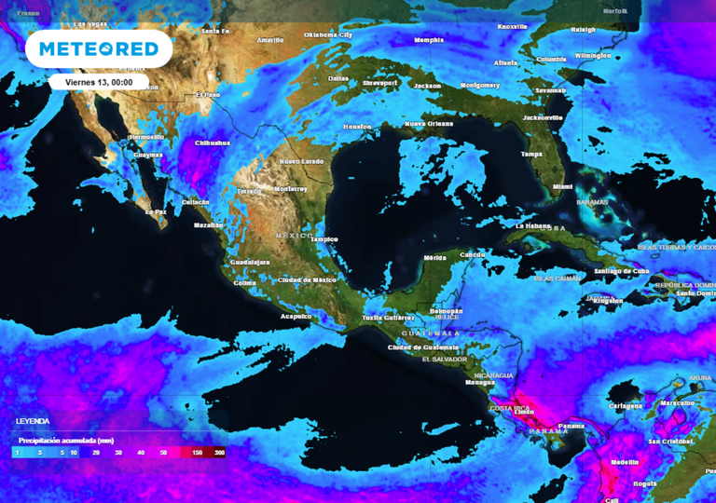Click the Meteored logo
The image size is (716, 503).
point(98,48)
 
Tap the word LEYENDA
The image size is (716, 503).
point(33,422)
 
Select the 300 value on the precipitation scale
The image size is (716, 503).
point(219,452)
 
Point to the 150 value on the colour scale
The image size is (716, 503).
point(198,452)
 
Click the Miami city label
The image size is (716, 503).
point(563,186)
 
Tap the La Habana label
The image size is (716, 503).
point(534,225)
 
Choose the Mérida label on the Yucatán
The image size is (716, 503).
point(434,257)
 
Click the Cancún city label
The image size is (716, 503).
point(473,254)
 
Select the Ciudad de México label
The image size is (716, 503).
point(307,279)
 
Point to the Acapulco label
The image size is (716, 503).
point(296,316)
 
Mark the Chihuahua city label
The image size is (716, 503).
point(213,143)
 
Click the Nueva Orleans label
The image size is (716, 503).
point(428,123)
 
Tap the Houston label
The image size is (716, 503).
point(357,126)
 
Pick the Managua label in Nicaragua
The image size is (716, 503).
point(480,382)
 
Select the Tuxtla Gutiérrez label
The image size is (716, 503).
point(389,318)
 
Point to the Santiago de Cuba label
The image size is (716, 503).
point(614,271)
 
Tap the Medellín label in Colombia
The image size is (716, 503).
point(625,462)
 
